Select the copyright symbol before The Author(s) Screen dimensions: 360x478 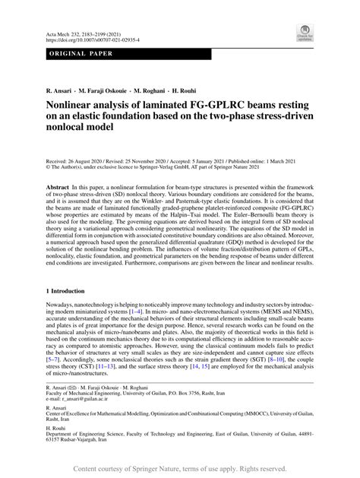tap(48, 169)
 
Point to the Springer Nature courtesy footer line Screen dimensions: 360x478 tap(180, 470)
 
